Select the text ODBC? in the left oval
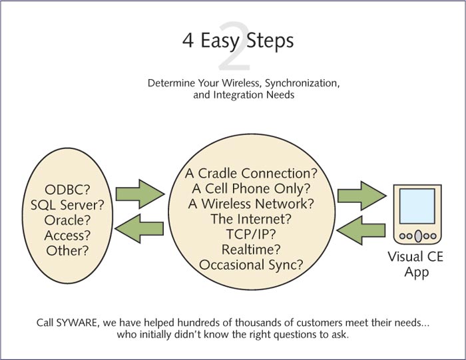click(67, 190)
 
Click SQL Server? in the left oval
click(67, 205)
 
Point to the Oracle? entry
click(67, 220)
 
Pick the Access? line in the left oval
click(67, 236)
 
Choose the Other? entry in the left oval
click(67, 250)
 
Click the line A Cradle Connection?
click(251, 174)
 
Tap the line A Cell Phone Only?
click(251, 188)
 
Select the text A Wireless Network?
click(251, 204)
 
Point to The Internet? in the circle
click(251, 219)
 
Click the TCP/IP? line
click(251, 234)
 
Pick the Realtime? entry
click(251, 250)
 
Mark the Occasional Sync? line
click(251, 265)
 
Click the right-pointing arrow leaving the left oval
click(140, 194)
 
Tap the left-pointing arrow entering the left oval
click(139, 229)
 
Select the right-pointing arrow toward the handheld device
click(362, 196)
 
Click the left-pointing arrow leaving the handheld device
click(361, 230)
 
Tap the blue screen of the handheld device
click(417, 206)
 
